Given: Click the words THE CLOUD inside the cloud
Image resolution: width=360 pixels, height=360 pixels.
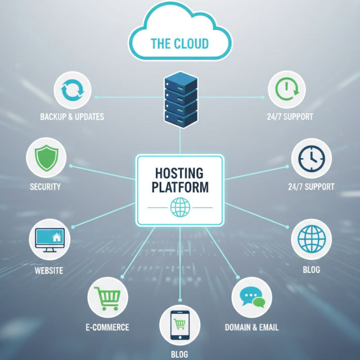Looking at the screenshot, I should [x=179, y=43].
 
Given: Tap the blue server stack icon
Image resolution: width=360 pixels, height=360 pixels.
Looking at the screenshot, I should [x=180, y=102].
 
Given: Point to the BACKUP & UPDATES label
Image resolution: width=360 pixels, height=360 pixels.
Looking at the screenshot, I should [x=72, y=117].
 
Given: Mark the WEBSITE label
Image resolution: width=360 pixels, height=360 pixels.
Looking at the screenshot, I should [x=49, y=271].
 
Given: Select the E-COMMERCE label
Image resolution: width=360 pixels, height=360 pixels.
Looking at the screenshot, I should [x=107, y=327].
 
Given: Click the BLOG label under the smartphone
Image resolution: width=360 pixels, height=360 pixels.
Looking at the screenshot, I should [x=180, y=354].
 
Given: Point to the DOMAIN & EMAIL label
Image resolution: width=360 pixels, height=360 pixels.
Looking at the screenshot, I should [x=252, y=327].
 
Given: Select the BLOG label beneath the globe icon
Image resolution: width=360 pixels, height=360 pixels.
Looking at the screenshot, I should [x=311, y=270].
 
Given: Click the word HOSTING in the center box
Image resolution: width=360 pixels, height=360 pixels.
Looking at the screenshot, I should [x=180, y=172].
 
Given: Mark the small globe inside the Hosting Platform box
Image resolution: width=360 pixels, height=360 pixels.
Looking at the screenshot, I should [x=180, y=207].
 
